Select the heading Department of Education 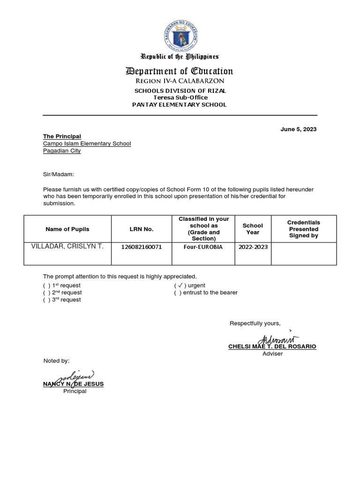[x=179, y=71]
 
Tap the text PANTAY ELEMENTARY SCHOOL [x=180, y=105]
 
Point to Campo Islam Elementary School [x=87, y=143]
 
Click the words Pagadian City [x=62, y=151]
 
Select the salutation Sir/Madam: [x=59, y=174]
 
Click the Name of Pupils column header [x=67, y=229]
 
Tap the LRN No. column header [x=141, y=229]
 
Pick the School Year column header [x=253, y=229]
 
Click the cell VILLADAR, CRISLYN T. [x=67, y=247]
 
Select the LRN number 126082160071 [x=141, y=247]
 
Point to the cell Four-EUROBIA [x=203, y=247]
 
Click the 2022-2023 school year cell [x=253, y=247]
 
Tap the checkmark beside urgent [x=180, y=285]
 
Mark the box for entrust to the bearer [x=178, y=292]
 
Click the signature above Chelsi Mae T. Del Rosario [x=278, y=339]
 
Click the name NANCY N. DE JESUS [x=73, y=384]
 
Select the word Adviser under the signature [x=272, y=354]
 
